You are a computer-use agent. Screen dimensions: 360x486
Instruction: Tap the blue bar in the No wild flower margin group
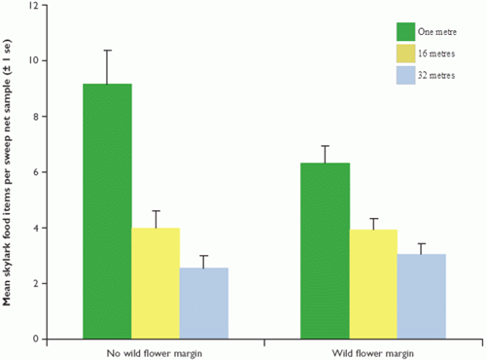pyautogui.click(x=203, y=303)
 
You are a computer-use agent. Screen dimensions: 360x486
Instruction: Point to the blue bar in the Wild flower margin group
pyautogui.click(x=421, y=296)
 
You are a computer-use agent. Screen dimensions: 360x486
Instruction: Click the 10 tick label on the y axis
pyautogui.click(x=33, y=61)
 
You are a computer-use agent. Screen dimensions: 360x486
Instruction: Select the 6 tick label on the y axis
pyautogui.click(x=35, y=172)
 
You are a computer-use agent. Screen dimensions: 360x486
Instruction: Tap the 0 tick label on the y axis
pyautogui.click(x=35, y=339)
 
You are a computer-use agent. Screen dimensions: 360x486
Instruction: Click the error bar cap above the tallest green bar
pyautogui.click(x=108, y=51)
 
